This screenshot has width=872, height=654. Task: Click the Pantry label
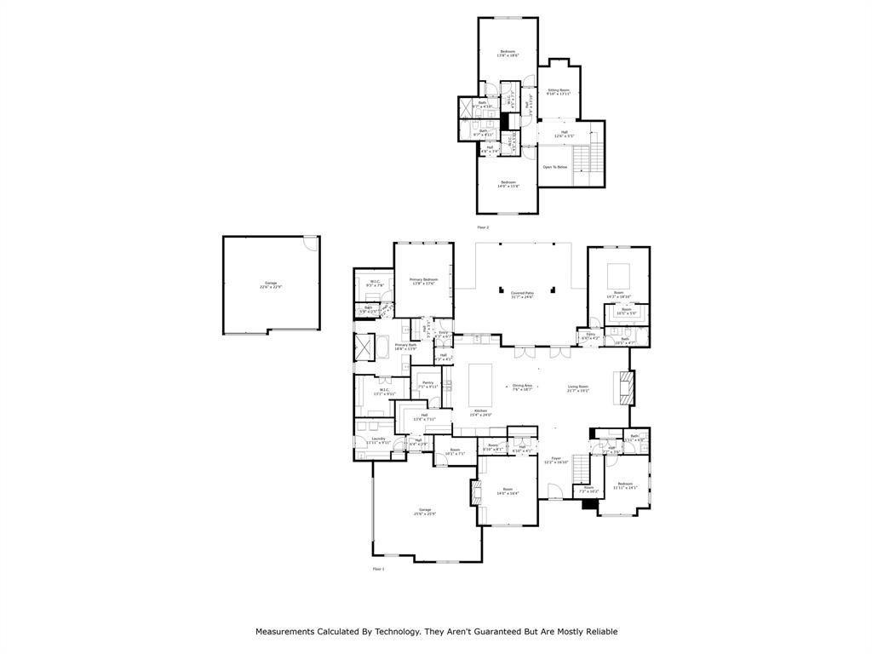click(427, 384)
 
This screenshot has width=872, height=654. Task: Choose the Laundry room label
click(378, 440)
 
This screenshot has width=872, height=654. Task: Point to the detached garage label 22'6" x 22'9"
click(270, 285)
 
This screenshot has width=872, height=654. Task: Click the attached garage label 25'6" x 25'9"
click(425, 511)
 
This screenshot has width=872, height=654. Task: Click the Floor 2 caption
click(483, 227)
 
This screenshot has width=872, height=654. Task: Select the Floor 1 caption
click(378, 568)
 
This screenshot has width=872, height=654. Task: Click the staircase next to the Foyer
click(581, 468)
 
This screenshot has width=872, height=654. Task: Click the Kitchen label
click(481, 412)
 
